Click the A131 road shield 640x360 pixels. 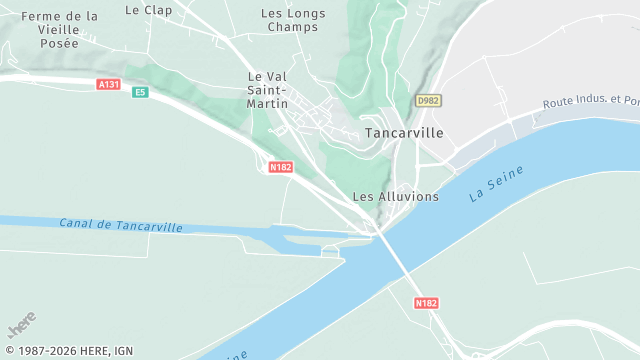pyautogui.click(x=109, y=85)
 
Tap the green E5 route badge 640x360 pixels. pyautogui.click(x=140, y=92)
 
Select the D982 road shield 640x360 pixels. pyautogui.click(x=428, y=101)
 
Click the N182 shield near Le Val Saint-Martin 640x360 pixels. pyautogui.click(x=281, y=167)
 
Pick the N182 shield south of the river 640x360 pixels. pyautogui.click(x=424, y=301)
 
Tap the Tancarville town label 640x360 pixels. pyautogui.click(x=405, y=132)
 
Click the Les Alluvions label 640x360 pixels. pyautogui.click(x=396, y=196)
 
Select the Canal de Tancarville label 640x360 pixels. pyautogui.click(x=121, y=225)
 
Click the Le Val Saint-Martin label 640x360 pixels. pyautogui.click(x=268, y=90)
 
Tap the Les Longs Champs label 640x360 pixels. pyautogui.click(x=292, y=20)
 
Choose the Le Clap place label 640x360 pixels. pyautogui.click(x=148, y=10)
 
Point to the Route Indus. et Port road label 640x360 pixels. pyautogui.click(x=591, y=102)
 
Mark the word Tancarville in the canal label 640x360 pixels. pyautogui.click(x=148, y=226)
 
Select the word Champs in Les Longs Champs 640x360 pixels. pyautogui.click(x=292, y=27)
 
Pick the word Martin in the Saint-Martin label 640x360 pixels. pyautogui.click(x=268, y=103)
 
